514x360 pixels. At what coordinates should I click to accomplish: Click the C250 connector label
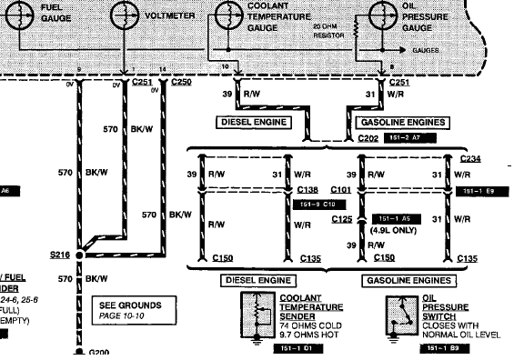[181, 82]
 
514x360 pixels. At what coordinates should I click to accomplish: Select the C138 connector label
[309, 191]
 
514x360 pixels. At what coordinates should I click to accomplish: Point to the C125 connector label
[340, 219]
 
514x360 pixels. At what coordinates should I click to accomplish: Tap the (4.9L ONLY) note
[392, 231]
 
